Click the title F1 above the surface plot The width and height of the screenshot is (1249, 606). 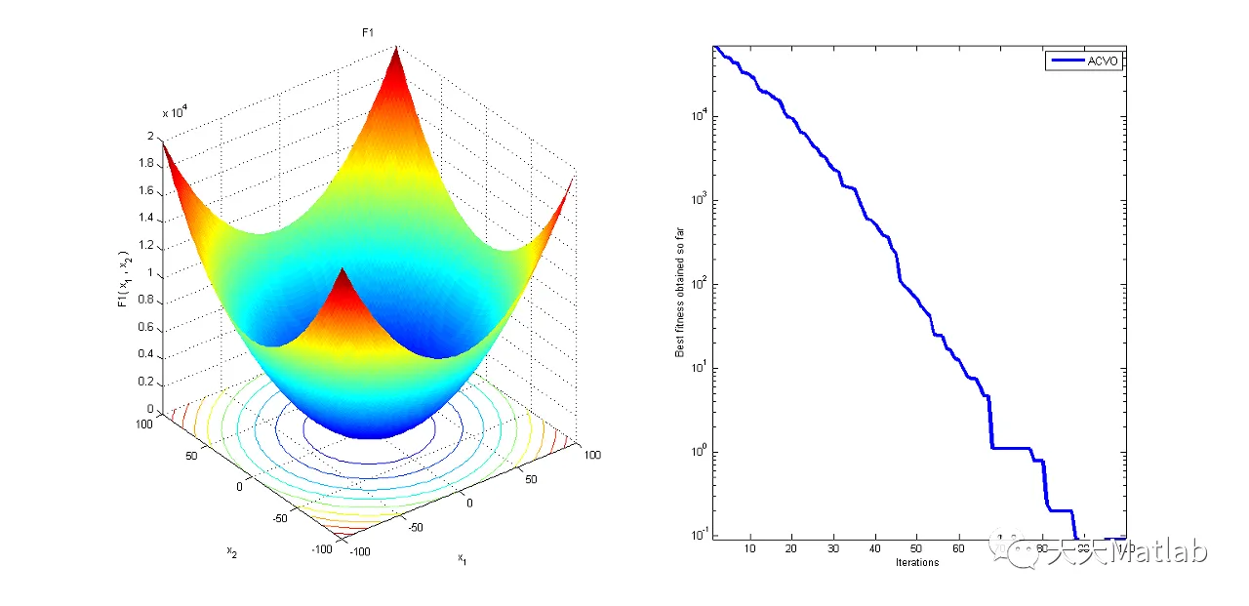tap(368, 33)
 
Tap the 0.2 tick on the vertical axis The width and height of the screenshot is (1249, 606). tap(148, 383)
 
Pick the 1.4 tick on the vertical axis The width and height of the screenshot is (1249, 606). tap(148, 219)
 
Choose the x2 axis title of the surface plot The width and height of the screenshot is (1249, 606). tap(232, 551)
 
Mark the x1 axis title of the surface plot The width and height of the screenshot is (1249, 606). tap(461, 558)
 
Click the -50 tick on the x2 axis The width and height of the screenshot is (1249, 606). tap(282, 517)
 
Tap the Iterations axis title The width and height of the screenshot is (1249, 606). tap(917, 563)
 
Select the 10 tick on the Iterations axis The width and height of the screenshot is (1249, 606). tap(750, 549)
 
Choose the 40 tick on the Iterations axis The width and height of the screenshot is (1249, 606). tap(875, 549)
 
